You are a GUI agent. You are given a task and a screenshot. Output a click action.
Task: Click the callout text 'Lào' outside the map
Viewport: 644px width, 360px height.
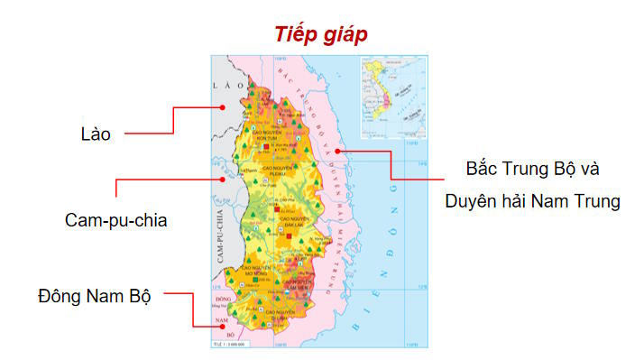[x=95, y=134]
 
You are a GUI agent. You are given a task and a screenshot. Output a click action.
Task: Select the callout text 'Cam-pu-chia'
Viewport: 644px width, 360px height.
[x=116, y=219]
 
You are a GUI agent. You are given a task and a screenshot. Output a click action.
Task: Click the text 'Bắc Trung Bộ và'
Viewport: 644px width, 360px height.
[x=532, y=169]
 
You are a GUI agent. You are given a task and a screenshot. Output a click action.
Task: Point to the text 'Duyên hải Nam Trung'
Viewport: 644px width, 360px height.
[x=532, y=201]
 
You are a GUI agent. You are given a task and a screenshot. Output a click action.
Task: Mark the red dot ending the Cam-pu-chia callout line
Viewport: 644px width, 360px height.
[x=221, y=178]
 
